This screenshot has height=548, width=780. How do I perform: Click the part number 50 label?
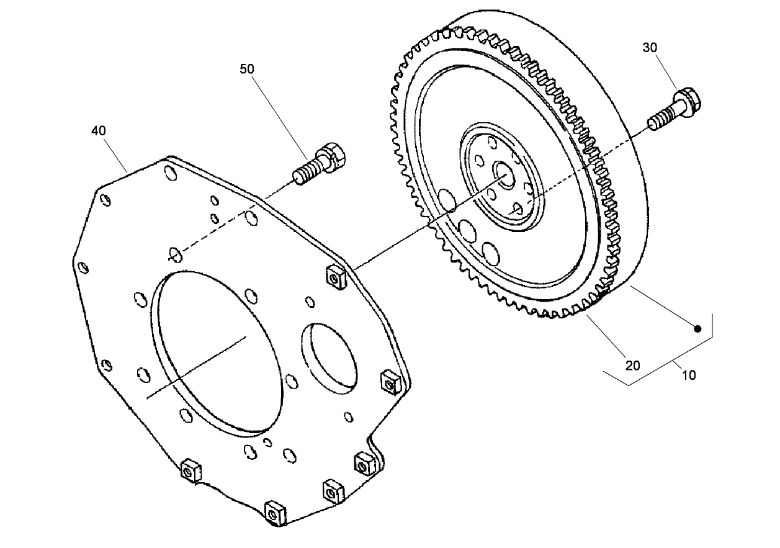coord(247,69)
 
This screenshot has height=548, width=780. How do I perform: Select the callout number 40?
coord(98,130)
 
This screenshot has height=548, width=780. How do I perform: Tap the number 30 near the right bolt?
coord(650,47)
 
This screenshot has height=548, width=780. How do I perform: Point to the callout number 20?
coord(632,365)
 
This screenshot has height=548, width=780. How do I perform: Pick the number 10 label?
coord(689,375)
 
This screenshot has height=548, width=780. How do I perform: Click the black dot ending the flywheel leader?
coord(697,328)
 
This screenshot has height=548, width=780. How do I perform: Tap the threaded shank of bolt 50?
coord(306,173)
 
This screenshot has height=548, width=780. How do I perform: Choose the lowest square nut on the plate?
coord(272,513)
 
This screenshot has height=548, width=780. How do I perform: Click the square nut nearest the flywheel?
coord(334,277)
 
